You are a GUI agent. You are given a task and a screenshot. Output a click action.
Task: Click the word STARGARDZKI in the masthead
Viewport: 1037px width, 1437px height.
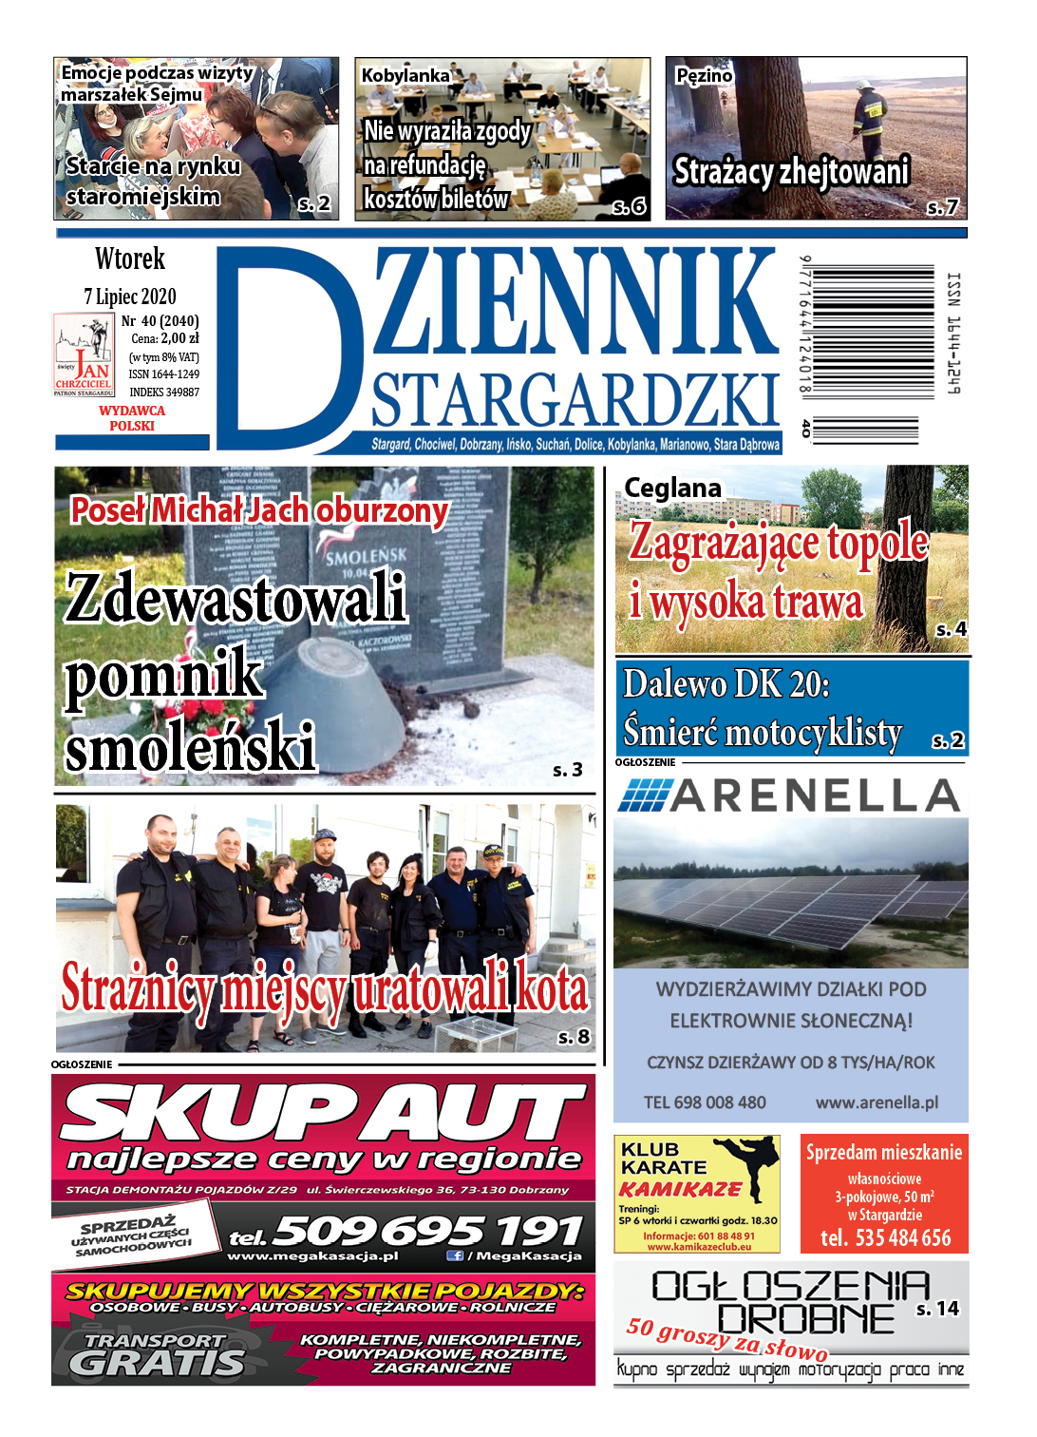[575, 400]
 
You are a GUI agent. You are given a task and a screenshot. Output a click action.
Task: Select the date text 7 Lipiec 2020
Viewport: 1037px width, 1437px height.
[130, 297]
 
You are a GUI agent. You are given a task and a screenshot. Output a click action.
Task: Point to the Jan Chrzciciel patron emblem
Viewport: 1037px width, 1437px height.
[84, 354]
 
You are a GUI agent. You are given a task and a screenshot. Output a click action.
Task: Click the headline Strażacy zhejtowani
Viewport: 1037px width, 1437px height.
[791, 172]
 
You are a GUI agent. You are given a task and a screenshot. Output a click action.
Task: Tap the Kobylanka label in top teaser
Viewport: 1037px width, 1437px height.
[405, 75]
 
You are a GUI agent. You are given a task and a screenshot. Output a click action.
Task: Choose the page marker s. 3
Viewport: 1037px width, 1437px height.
[567, 770]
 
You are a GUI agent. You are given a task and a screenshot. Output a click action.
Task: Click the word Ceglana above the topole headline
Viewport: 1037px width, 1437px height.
[672, 489]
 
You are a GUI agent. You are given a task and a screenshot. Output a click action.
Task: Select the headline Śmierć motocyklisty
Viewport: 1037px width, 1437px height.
[763, 733]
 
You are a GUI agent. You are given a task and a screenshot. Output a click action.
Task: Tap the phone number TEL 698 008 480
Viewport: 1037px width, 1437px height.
[705, 1102]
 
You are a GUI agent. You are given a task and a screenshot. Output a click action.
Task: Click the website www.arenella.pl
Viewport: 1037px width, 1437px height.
[877, 1102]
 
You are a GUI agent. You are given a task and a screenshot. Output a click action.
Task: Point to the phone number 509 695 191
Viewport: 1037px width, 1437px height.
[427, 1232]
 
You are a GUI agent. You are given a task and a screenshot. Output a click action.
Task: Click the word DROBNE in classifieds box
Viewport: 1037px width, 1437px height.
[805, 1319]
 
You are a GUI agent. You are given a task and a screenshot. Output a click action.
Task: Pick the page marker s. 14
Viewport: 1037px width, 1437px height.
[937, 1309]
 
